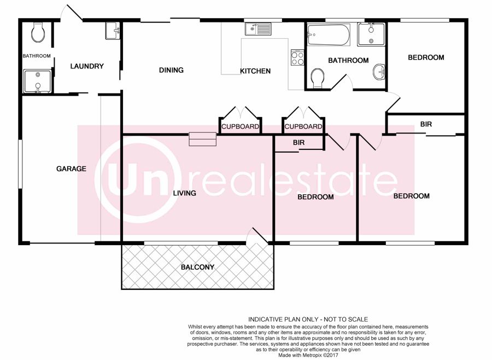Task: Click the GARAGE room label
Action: pyautogui.click(x=71, y=169)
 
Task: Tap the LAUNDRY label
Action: pyautogui.click(x=87, y=66)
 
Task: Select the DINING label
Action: pyautogui.click(x=171, y=70)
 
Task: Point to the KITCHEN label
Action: pyautogui.click(x=255, y=71)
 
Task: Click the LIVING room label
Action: pyautogui.click(x=185, y=193)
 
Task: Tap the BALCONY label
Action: pyautogui.click(x=198, y=268)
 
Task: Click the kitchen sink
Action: pyautogui.click(x=258, y=29)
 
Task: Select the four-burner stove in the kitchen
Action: pyautogui.click(x=297, y=57)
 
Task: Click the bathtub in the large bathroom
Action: pyautogui.click(x=329, y=34)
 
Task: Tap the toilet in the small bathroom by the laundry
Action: pyautogui.click(x=38, y=32)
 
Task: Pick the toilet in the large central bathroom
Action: pyautogui.click(x=318, y=78)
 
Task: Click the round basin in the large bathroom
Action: pyautogui.click(x=379, y=72)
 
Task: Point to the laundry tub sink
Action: pyautogui.click(x=113, y=31)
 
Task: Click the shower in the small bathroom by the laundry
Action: pyautogui.click(x=37, y=82)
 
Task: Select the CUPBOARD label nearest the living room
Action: pyautogui.click(x=241, y=126)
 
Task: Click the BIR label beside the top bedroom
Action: pyautogui.click(x=426, y=124)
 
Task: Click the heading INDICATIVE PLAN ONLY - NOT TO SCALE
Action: pyautogui.click(x=308, y=320)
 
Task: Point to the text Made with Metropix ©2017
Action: pyautogui.click(x=308, y=355)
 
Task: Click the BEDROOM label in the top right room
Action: pyautogui.click(x=426, y=57)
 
